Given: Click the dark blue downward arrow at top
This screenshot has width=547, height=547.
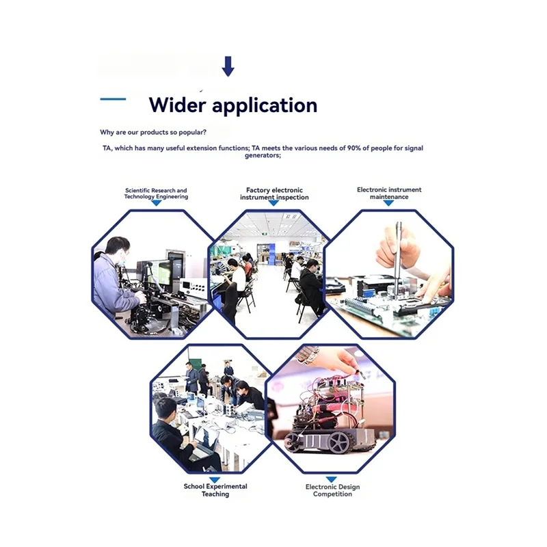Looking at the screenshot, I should (228, 66).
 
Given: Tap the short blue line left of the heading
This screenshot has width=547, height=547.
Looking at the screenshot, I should (113, 99).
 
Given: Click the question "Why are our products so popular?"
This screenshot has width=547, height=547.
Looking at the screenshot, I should (154, 132).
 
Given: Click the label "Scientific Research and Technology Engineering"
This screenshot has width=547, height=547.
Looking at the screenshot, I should (156, 194).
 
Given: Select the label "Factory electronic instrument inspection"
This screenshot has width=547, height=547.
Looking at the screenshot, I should (274, 194).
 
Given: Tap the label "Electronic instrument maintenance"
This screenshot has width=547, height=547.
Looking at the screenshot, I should (389, 193).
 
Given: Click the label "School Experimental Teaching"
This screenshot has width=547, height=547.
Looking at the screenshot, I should (215, 490).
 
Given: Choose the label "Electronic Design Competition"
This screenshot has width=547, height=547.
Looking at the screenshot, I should (332, 490).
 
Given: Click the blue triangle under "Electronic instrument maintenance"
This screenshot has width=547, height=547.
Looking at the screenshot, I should (389, 203).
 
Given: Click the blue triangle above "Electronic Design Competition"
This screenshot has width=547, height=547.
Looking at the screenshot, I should (332, 479).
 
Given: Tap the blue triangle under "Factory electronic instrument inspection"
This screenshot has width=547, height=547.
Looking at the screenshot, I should (273, 203).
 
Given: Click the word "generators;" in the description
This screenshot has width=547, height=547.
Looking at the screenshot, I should (263, 155).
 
